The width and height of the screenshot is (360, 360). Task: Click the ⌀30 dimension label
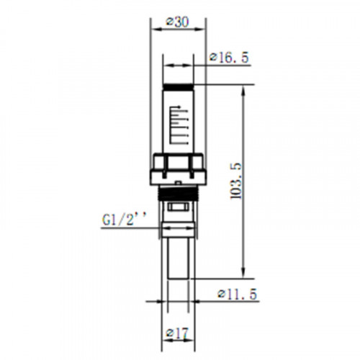tap(177, 22)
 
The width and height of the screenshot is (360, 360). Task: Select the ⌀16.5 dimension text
tap(229, 58)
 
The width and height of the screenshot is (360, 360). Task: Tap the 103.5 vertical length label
tap(236, 181)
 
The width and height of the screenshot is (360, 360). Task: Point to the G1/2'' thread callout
tap(124, 219)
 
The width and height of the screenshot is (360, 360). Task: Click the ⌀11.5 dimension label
tap(237, 294)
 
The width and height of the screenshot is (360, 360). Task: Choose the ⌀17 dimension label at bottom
tap(177, 333)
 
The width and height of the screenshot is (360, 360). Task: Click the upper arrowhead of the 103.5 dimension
tap(243, 91)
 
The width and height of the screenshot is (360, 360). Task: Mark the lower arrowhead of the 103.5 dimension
tap(243, 272)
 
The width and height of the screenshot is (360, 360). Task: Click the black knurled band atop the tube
tap(178, 86)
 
